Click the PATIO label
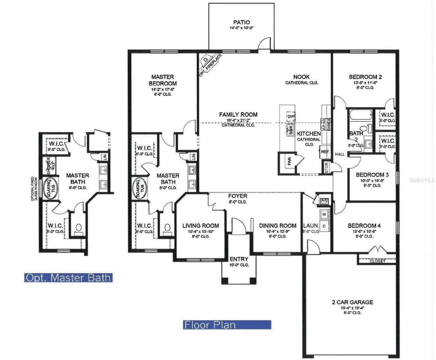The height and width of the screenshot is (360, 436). coord(241,22)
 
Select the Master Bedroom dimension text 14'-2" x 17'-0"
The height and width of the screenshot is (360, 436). coord(163,89)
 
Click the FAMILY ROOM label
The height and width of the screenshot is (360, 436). coord(238,114)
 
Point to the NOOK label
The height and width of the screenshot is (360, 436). coord(301,77)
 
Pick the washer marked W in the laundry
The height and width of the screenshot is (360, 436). coord(324,214)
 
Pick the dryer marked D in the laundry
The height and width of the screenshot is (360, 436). coord(324,226)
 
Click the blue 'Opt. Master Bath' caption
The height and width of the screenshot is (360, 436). coord(68,277)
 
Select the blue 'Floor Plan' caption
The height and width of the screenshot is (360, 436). coord(227,325)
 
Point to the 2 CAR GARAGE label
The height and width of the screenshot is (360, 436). coord(352,302)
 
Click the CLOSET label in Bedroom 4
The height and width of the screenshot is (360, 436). coord(377,261)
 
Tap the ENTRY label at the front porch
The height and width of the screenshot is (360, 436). coord(239,259)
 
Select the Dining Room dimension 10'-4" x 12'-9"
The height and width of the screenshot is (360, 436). coord(278,231)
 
